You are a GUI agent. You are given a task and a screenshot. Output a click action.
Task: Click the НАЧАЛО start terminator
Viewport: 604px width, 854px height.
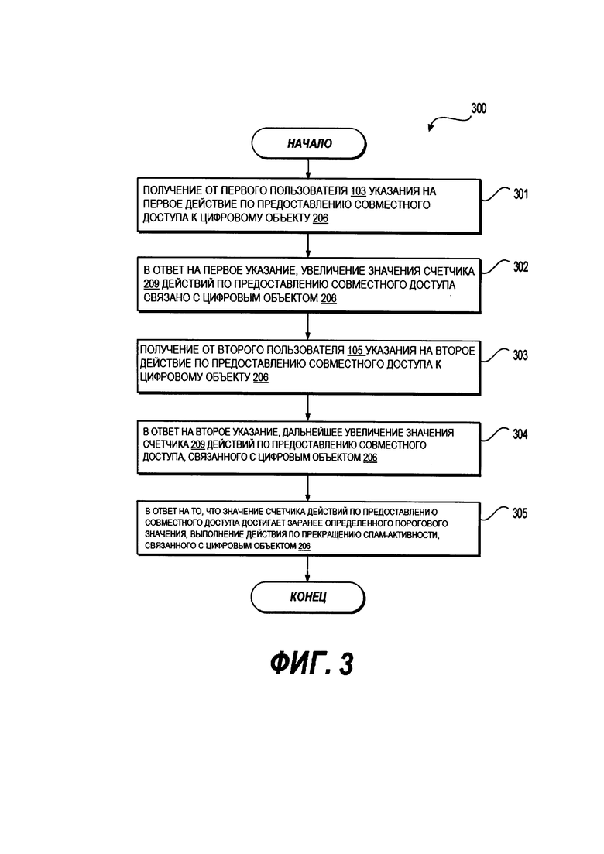(309, 144)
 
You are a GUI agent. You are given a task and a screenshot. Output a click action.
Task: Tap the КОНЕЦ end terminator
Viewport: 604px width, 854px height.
(307, 597)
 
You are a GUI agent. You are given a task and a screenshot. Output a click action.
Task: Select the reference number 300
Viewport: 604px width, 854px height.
(479, 108)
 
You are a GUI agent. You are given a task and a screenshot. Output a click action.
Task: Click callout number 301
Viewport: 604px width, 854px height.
(520, 194)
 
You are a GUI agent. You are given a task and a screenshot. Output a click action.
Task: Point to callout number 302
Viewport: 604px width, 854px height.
(520, 267)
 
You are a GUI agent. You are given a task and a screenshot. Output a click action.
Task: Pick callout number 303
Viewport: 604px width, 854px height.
(520, 355)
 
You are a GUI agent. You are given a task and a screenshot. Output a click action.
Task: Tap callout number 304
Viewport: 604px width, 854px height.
(520, 434)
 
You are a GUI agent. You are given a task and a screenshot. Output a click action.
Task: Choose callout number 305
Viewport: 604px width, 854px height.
(520, 513)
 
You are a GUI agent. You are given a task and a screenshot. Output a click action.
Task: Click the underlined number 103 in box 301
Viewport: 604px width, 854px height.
(358, 191)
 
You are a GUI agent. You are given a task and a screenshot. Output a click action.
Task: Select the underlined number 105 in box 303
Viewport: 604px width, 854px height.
(355, 351)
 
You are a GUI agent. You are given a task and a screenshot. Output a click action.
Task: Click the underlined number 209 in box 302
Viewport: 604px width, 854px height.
(152, 284)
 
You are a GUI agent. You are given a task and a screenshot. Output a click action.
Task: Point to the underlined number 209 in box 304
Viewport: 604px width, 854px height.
(197, 445)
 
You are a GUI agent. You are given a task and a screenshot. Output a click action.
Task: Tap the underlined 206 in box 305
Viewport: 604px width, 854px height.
(304, 546)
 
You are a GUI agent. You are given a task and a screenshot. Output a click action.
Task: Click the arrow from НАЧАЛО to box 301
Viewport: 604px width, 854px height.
(308, 169)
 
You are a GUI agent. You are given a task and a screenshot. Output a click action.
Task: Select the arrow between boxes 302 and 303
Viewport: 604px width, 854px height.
(308, 326)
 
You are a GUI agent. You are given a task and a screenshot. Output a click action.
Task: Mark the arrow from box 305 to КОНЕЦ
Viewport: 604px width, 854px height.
(307, 569)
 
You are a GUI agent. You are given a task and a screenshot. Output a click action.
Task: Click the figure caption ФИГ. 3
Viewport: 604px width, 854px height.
(312, 664)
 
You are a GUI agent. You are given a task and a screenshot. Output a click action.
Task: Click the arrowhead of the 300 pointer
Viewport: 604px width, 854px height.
(431, 129)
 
